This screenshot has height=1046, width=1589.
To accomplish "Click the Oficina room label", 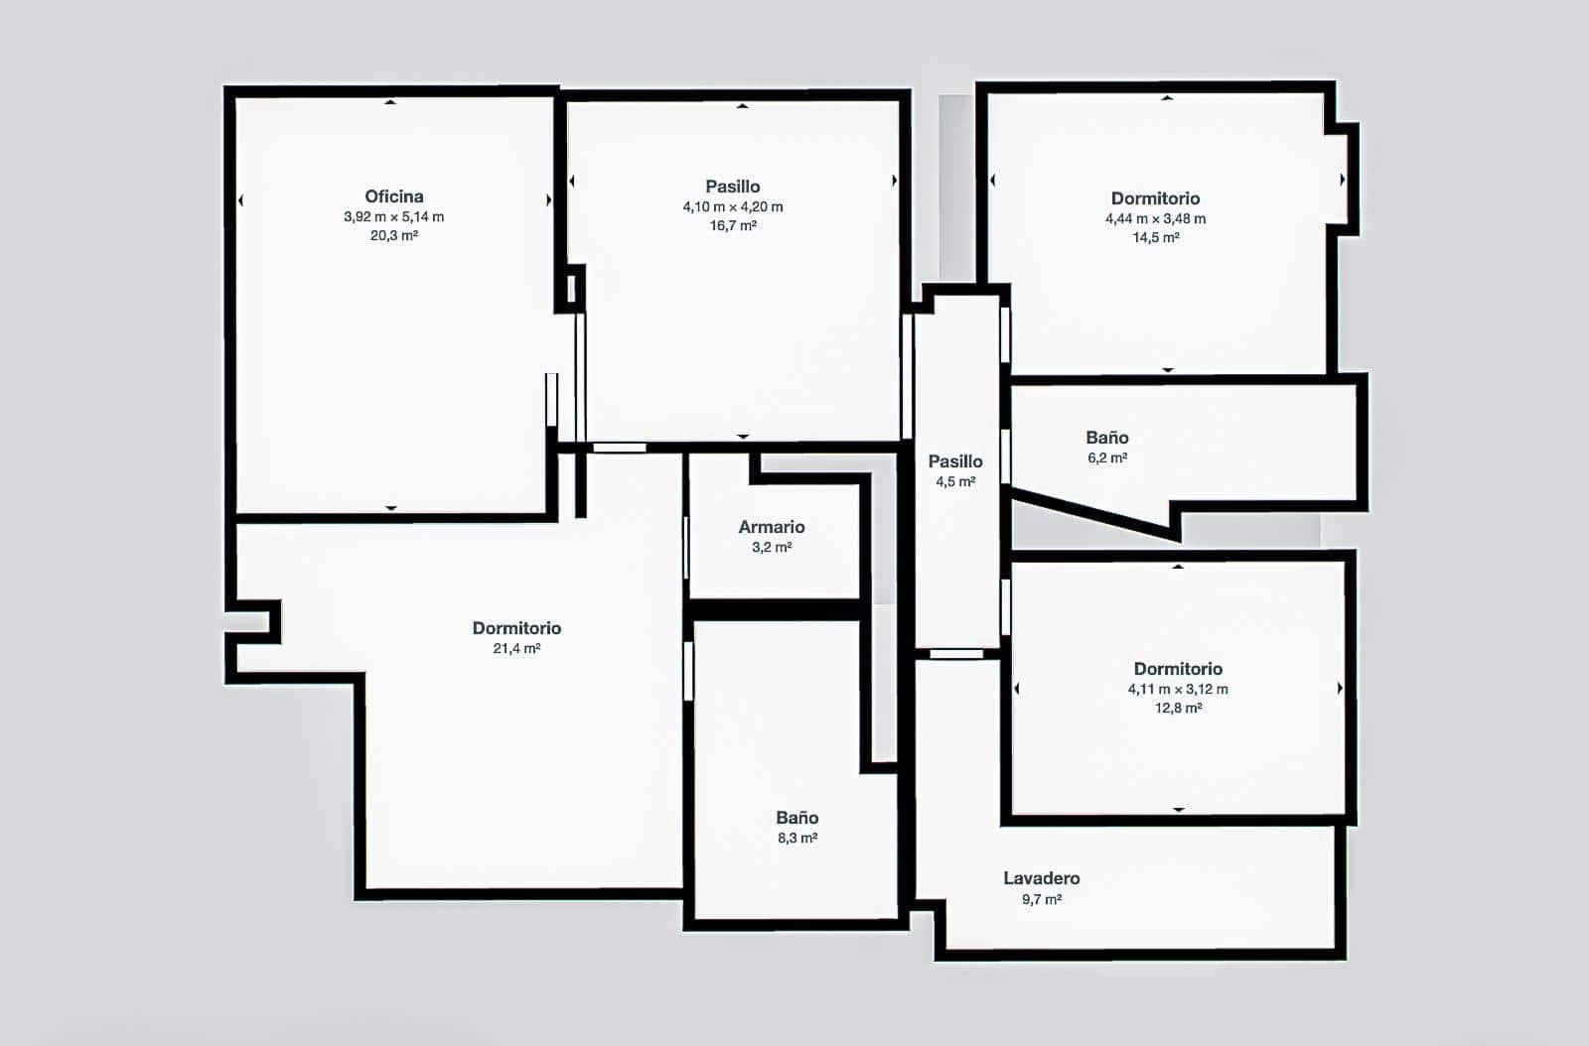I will [394, 196].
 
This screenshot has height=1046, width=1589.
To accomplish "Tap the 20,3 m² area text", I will [394, 236].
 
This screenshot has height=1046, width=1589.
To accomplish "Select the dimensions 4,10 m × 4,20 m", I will [733, 207].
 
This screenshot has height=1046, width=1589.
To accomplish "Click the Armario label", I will [772, 527].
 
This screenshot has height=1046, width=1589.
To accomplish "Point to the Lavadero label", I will [1041, 878].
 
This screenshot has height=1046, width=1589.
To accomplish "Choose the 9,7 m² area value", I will [1041, 900].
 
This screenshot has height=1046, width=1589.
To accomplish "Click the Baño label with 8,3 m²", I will [797, 818].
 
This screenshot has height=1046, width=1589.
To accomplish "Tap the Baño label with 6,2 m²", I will [1106, 438].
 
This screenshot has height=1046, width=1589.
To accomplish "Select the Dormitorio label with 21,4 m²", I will [516, 628].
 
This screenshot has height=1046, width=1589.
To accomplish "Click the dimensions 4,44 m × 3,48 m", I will [1155, 219].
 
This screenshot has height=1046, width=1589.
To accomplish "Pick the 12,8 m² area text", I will [1178, 709].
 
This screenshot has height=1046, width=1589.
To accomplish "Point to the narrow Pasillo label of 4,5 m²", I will [955, 461].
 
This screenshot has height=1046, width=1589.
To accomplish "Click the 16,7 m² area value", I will [733, 226].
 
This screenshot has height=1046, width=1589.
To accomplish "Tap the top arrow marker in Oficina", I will [390, 101].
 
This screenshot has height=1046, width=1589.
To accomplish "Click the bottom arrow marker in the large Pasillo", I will [743, 437].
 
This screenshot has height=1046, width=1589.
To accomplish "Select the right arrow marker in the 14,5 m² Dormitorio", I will [1342, 180].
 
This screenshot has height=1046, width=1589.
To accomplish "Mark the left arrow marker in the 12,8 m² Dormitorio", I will [1016, 688].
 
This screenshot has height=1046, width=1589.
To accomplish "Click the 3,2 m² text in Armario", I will [772, 548].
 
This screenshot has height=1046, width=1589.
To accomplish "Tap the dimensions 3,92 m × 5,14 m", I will [394, 217].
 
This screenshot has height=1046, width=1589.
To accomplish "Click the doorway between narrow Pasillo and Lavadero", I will [956, 654].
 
